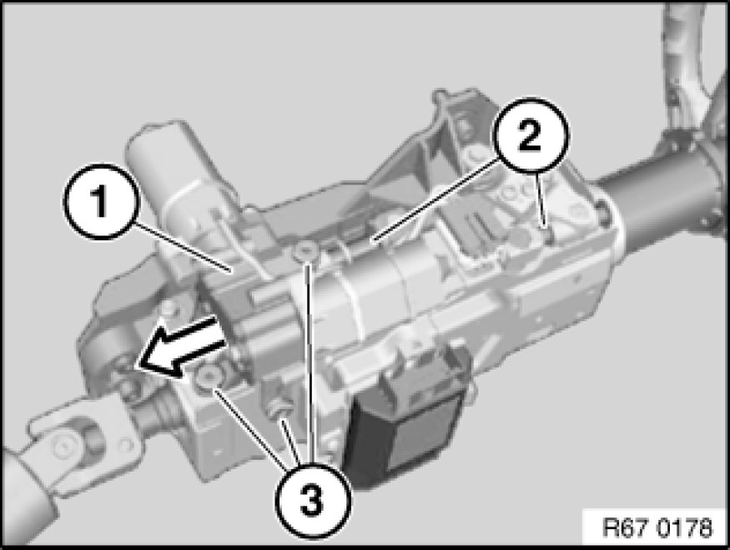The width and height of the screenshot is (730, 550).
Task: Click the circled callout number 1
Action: [101, 201]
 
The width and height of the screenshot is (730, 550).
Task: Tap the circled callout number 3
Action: [312, 500]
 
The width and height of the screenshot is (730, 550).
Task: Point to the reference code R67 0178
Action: [657, 527]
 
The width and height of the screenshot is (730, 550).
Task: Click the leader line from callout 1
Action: [183, 246]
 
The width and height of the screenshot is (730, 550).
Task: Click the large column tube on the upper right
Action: [661, 186]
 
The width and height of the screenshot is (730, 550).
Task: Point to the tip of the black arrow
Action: [139, 366]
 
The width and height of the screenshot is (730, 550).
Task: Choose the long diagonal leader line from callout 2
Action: [435, 199]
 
